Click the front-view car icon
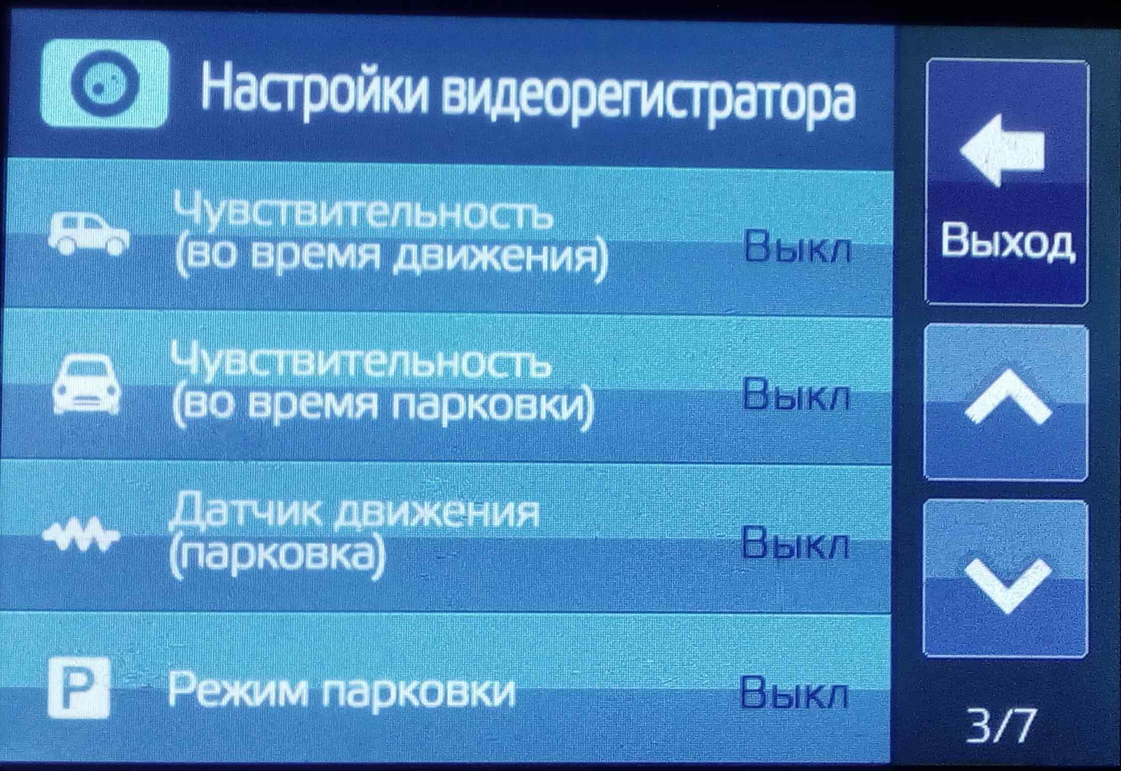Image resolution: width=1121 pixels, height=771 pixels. point(87,384)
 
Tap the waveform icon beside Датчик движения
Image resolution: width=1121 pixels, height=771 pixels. point(81,534)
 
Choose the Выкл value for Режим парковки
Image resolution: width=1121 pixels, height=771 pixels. point(794,692)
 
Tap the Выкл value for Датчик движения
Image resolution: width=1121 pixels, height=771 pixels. point(795,542)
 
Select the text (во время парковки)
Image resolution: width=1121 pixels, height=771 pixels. point(383,409)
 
